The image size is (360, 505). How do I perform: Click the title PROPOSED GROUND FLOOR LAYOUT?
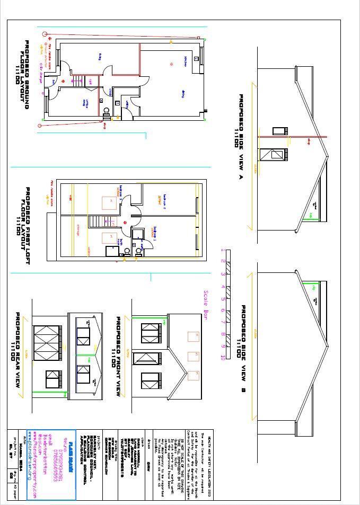[21, 74]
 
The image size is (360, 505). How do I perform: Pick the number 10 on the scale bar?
[223, 357]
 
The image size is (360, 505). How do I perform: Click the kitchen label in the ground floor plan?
[186, 58]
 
